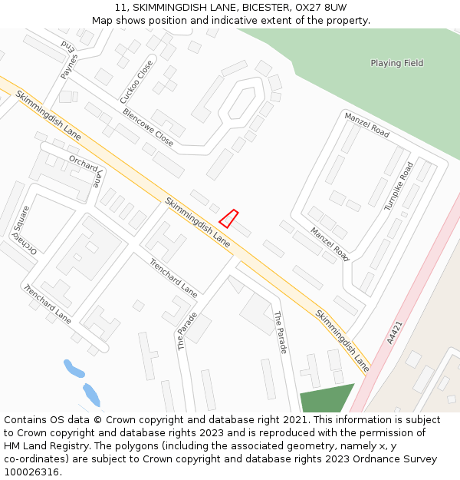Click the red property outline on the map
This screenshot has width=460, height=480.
[228, 219]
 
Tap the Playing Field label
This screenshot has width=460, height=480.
[396, 63]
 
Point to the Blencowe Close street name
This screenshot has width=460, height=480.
[148, 127]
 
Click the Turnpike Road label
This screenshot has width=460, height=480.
[399, 186]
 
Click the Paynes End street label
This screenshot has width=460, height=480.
[70, 58]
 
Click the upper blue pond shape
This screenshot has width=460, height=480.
[74, 368]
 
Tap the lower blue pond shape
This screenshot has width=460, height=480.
[91, 394]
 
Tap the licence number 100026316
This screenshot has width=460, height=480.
[31, 472]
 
